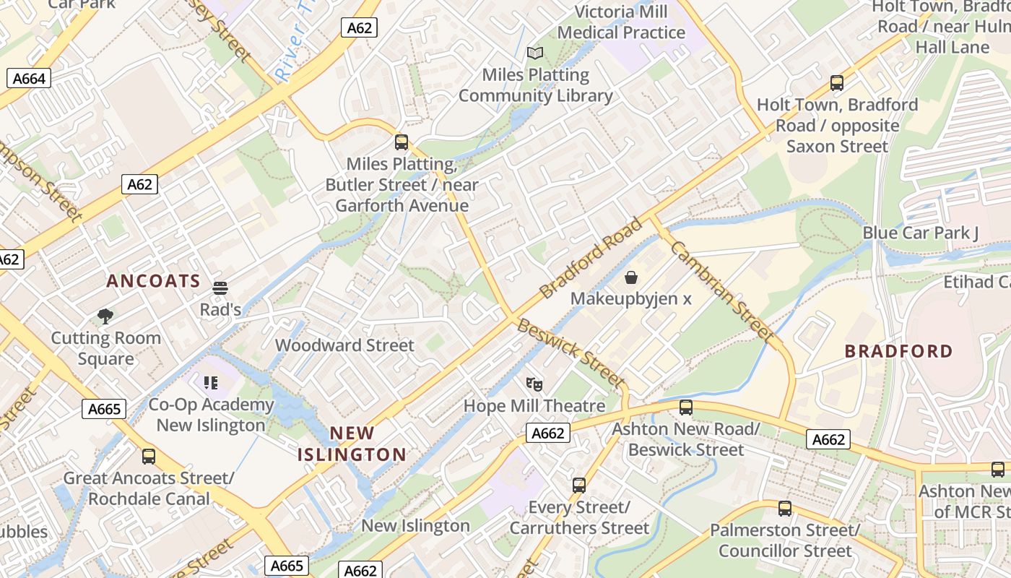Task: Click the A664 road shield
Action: click(29, 78)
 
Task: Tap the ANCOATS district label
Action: click(153, 281)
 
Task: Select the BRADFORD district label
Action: click(898, 351)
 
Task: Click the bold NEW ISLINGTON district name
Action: click(352, 444)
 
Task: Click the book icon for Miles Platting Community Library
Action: click(534, 53)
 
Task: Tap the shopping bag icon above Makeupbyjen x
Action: click(631, 277)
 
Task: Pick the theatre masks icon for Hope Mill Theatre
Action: click(534, 384)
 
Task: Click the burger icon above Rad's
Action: click(220, 288)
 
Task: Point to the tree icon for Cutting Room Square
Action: click(105, 316)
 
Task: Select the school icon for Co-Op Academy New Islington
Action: click(211, 383)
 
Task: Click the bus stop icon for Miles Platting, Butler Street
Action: click(402, 142)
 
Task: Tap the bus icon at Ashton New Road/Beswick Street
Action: click(686, 407)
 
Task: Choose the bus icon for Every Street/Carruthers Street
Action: click(579, 486)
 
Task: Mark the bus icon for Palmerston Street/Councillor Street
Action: click(785, 509)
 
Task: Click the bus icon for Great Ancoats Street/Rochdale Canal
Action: click(149, 457)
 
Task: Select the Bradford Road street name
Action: click(591, 257)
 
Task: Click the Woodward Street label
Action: click(344, 345)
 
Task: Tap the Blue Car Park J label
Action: click(920, 233)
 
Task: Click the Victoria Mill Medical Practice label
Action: click(621, 22)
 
